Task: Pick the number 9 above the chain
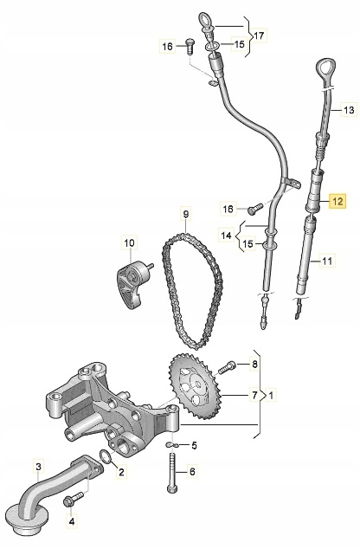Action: coord(184,214)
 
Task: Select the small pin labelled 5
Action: coord(171,443)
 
